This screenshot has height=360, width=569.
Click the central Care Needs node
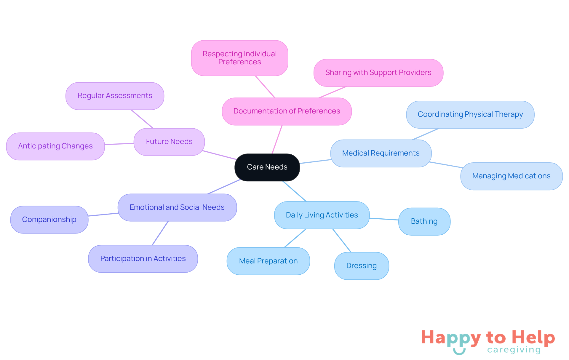click(267, 167)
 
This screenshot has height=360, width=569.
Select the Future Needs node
click(169, 142)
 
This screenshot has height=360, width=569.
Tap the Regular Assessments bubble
click(115, 96)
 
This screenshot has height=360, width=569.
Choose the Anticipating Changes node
click(55, 146)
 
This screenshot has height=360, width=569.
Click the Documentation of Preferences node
click(287, 111)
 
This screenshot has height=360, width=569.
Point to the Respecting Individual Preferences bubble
click(239, 58)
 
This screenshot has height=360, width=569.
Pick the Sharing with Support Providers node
click(378, 73)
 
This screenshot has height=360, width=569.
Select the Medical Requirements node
click(381, 153)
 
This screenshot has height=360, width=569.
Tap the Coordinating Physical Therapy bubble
click(470, 114)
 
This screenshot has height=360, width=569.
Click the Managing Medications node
click(512, 176)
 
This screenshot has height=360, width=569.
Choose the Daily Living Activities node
click(322, 215)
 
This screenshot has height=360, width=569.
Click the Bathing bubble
click(424, 221)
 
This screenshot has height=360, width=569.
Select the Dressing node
click(362, 266)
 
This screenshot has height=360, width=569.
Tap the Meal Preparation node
click(268, 261)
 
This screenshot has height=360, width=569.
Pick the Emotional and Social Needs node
click(177, 207)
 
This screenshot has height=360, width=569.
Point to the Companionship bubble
click(49, 220)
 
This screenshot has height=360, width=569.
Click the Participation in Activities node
click(143, 259)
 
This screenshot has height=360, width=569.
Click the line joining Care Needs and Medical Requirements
click(315, 161)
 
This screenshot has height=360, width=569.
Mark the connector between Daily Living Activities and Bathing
click(384, 219)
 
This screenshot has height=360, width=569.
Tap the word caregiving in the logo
click(514, 350)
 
